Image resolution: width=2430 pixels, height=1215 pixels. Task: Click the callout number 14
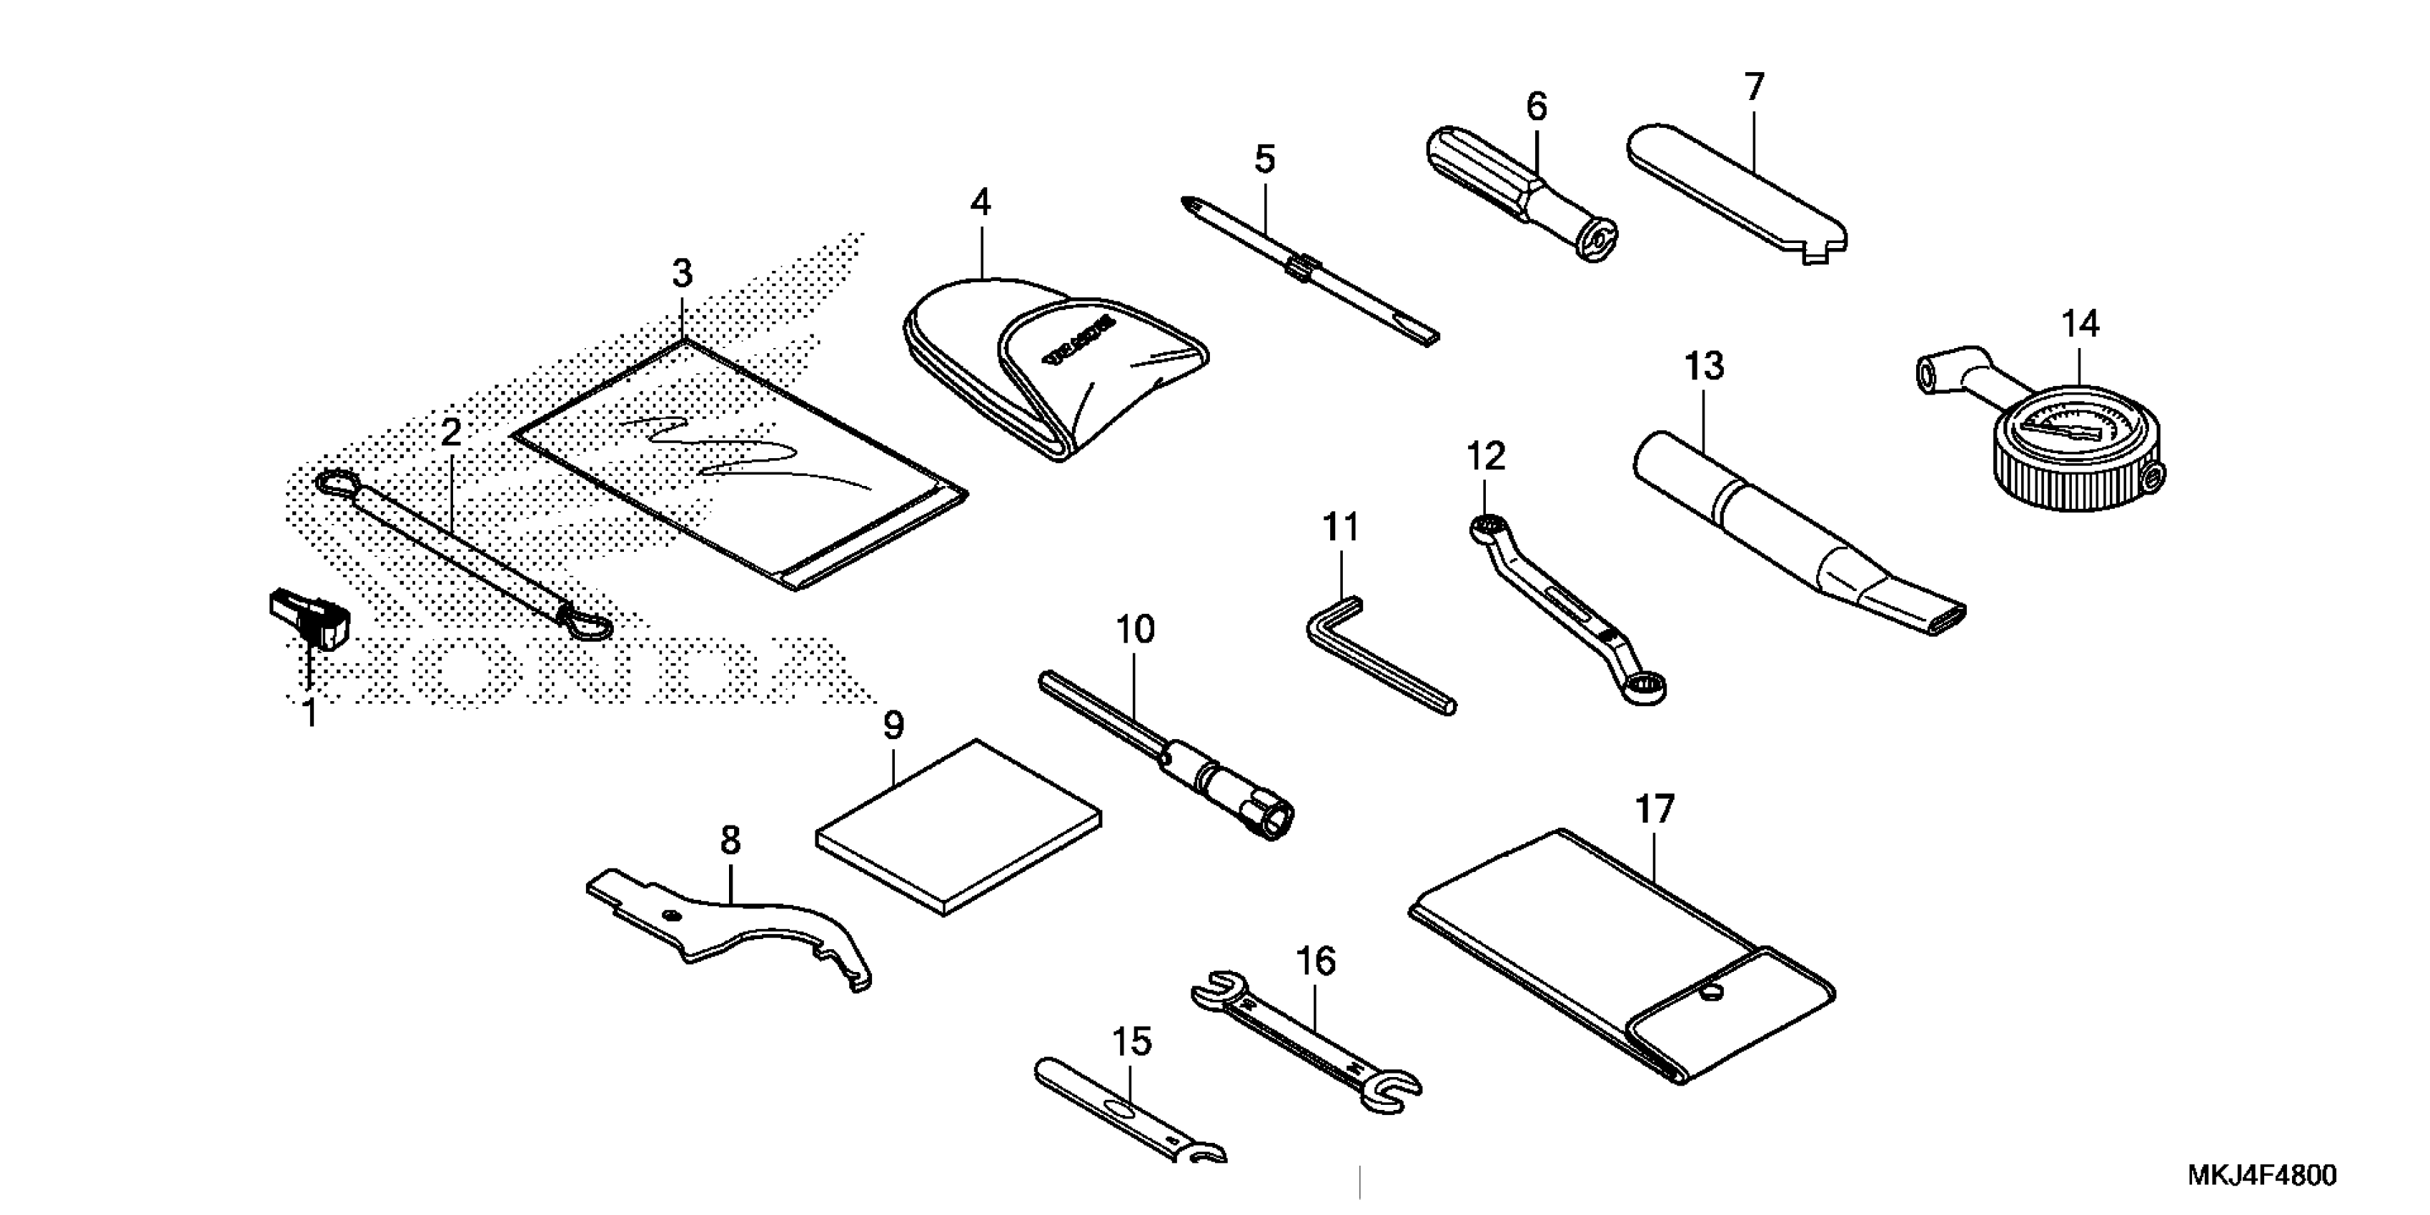(x=2080, y=324)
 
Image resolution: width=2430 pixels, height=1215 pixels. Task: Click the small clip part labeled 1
(x=309, y=618)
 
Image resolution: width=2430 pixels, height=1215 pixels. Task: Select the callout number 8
(x=730, y=840)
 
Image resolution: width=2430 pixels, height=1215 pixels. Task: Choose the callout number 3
(x=682, y=274)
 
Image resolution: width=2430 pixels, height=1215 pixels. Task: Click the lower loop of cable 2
(x=586, y=625)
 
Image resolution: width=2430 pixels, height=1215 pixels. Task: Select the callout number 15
(x=1131, y=1041)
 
